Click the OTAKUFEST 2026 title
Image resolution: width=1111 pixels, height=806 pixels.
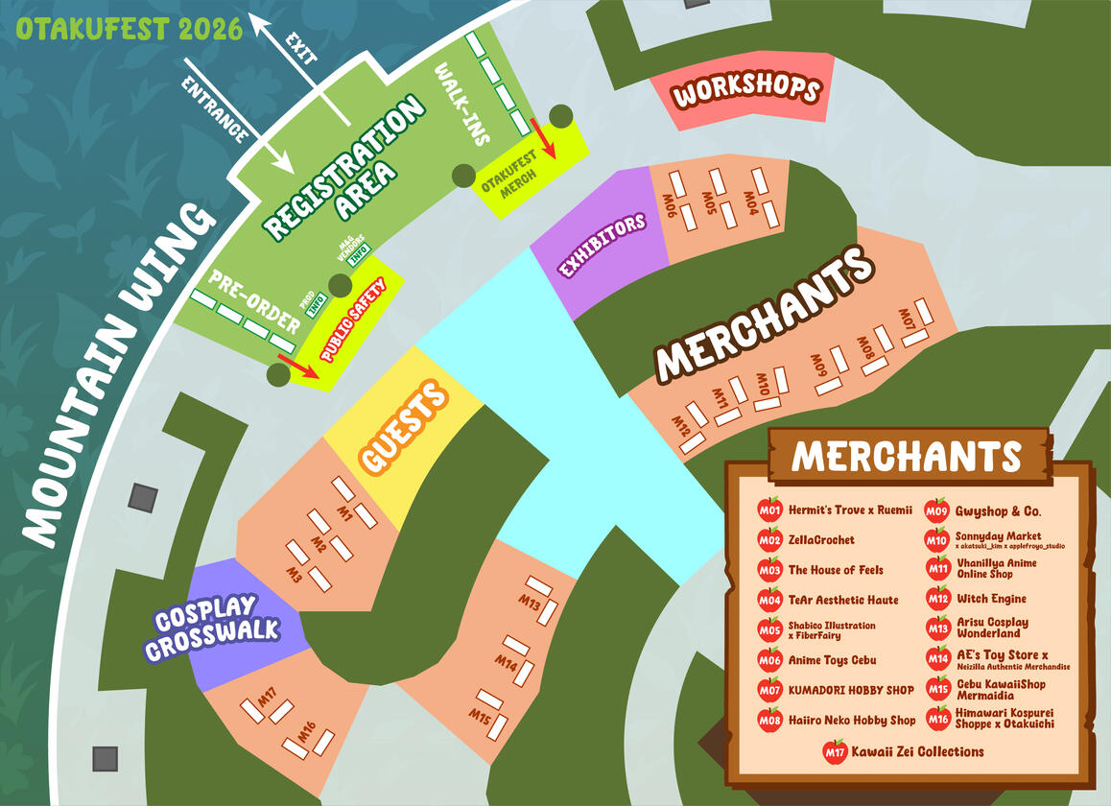point(129,29)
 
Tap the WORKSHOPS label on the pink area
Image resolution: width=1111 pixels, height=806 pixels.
point(746,92)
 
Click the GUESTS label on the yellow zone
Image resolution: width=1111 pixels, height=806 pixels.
point(404,426)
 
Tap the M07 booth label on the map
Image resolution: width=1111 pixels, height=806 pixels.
point(907,319)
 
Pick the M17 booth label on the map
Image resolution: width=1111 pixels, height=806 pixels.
point(268,695)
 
